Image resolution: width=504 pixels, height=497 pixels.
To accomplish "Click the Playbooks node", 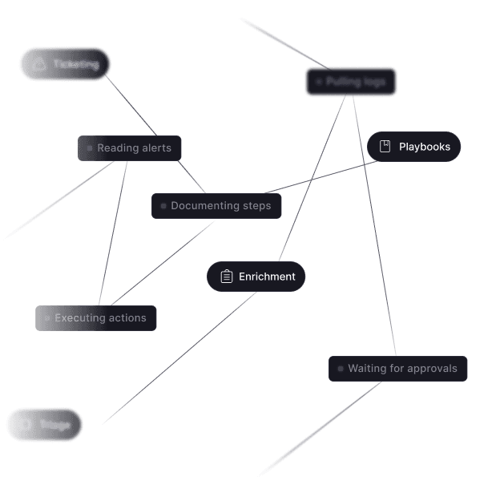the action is (413, 147).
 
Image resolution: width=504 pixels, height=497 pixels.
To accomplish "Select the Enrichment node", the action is (256, 277).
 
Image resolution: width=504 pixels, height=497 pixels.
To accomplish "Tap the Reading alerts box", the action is (130, 148).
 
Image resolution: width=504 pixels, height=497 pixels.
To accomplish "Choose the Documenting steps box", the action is (216, 206).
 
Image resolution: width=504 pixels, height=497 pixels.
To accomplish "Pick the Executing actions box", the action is (95, 318).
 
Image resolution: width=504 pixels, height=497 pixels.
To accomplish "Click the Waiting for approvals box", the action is (397, 369).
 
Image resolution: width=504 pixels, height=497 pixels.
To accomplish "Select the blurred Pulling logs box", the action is (351, 82).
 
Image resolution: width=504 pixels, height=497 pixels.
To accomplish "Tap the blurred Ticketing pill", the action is (65, 64).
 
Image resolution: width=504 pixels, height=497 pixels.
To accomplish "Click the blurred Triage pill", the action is (45, 424).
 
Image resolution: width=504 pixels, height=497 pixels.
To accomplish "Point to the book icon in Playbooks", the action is (385, 147).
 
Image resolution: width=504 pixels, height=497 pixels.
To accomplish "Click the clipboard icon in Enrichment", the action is (226, 277).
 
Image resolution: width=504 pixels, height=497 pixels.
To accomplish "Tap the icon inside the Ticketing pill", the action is (38, 64).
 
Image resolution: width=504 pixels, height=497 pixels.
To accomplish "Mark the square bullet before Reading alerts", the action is (90, 148).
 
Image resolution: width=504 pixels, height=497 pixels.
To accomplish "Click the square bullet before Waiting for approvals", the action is (341, 369).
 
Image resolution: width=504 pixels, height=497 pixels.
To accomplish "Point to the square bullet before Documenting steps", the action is (163, 206).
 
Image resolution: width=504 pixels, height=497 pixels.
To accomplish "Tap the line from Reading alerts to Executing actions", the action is (113, 232).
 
